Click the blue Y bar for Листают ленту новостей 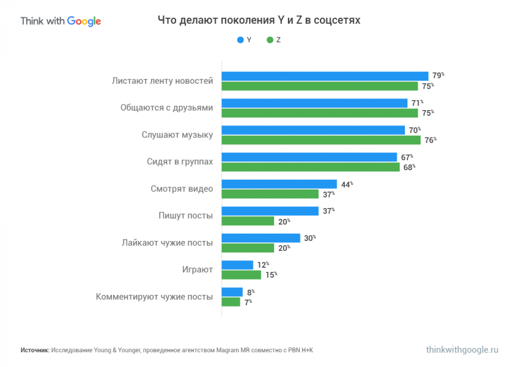click(x=324, y=76)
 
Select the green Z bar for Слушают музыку click(x=320, y=140)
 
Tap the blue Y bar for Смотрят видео click(x=279, y=184)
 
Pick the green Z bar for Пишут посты click(x=247, y=221)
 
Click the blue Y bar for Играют click(x=237, y=265)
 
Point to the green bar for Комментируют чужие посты click(x=231, y=302)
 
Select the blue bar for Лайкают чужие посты click(x=261, y=238)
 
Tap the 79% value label click(x=438, y=75)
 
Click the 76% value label click(x=431, y=140)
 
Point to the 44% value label click(x=347, y=184)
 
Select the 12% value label click(x=262, y=265)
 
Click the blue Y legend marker click(x=240, y=40)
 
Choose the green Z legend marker click(x=269, y=40)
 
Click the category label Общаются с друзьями click(x=166, y=108)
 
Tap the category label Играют click(x=198, y=269)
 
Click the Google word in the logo click(x=84, y=21)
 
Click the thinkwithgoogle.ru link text click(x=462, y=350)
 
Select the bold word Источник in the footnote click(x=34, y=350)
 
